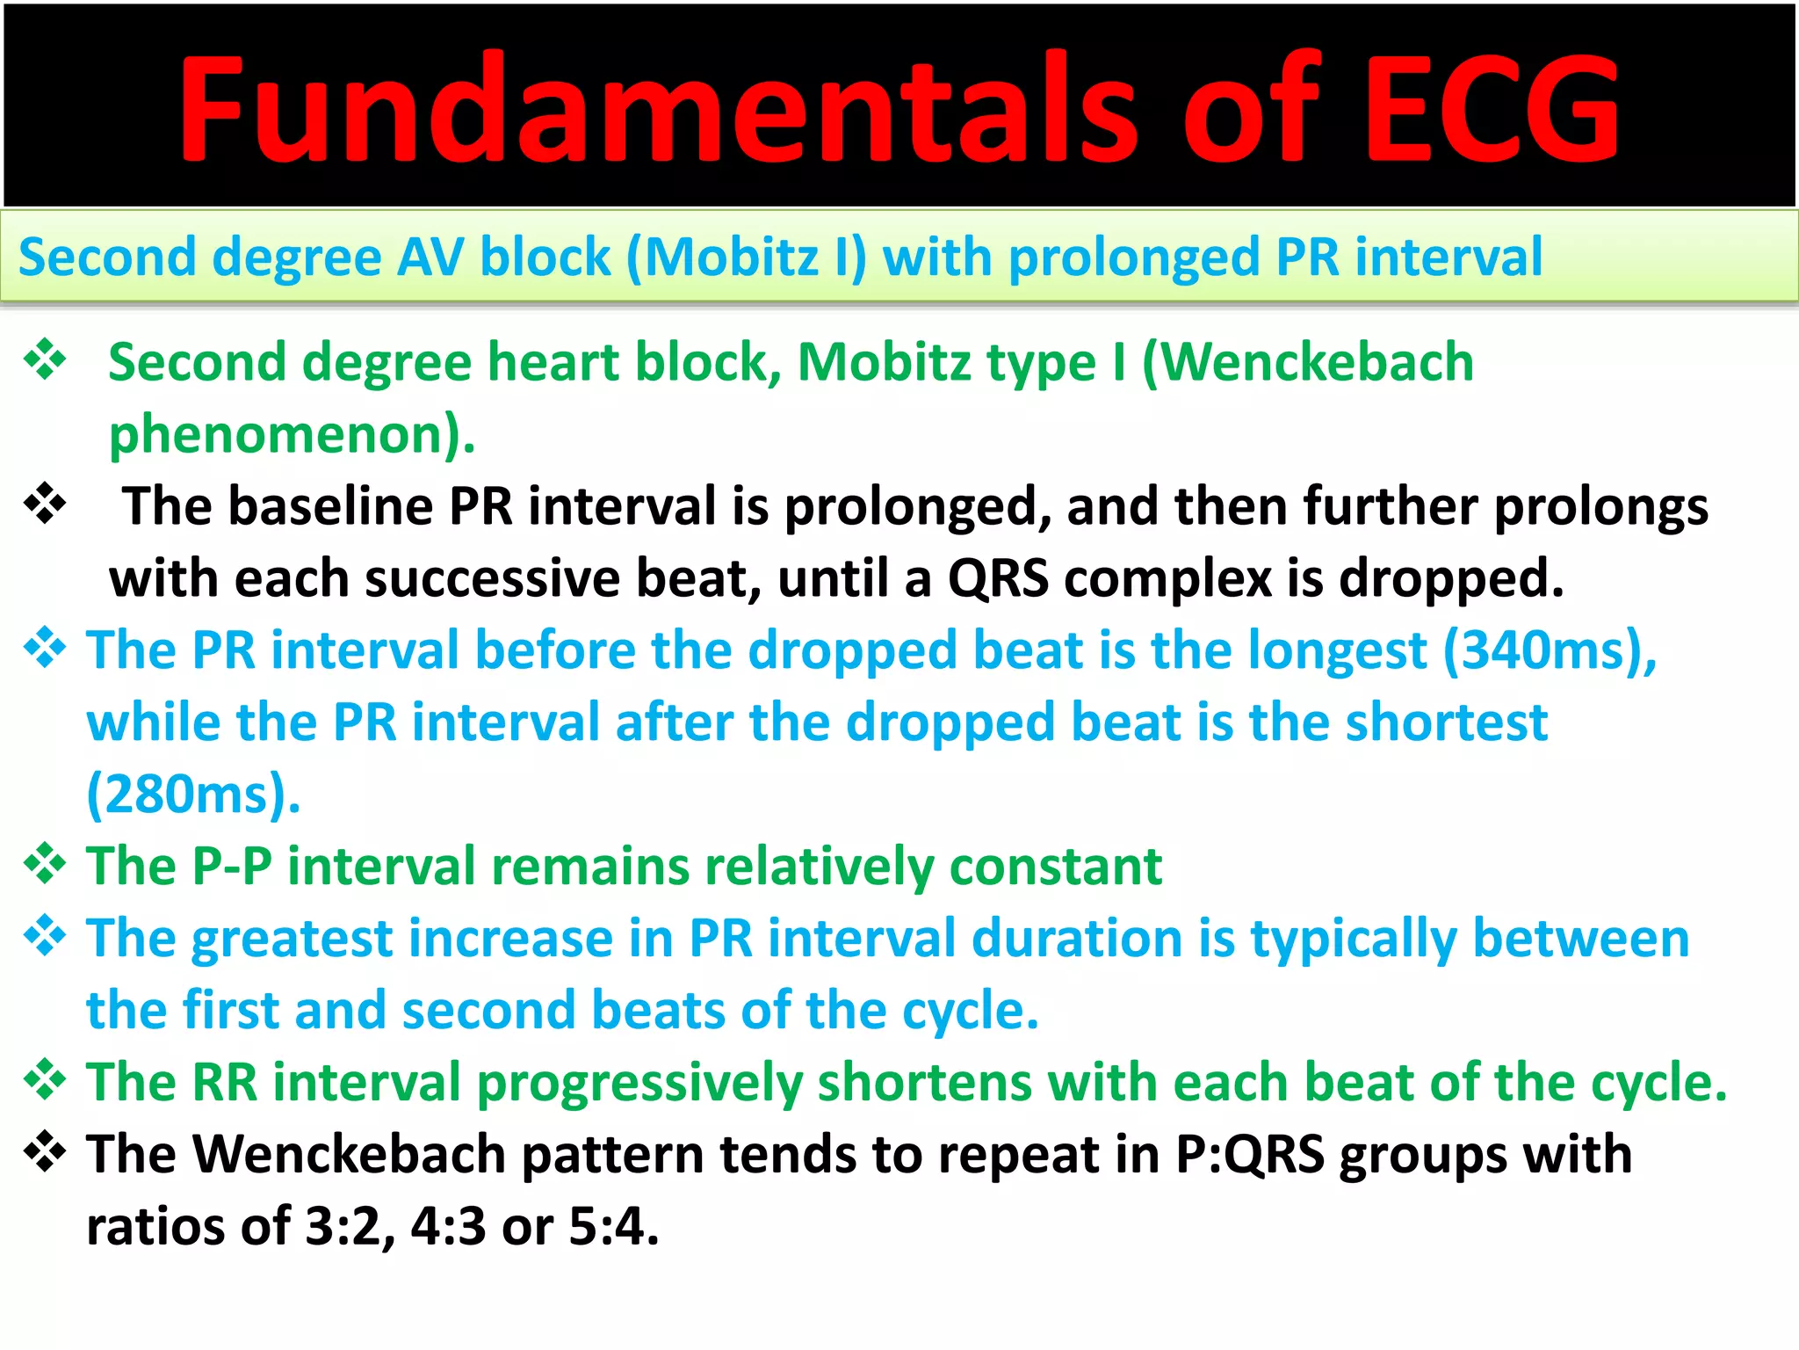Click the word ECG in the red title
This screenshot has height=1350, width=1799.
[x=1492, y=109]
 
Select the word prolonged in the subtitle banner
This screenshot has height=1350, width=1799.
[x=1133, y=259]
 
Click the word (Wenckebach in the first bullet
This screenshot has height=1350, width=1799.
[x=1308, y=363]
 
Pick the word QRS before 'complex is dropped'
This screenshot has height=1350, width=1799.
[x=998, y=579]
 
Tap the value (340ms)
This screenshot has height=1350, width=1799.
[x=1551, y=651]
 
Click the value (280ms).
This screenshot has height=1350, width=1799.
[x=193, y=795]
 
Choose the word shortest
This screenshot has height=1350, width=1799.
[x=1446, y=723]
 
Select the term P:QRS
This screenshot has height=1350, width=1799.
[x=1250, y=1155]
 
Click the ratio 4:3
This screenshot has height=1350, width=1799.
[x=448, y=1227]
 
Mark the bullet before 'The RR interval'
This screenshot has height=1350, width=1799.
[x=45, y=1081]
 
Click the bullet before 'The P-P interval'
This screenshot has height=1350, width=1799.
[x=45, y=865]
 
